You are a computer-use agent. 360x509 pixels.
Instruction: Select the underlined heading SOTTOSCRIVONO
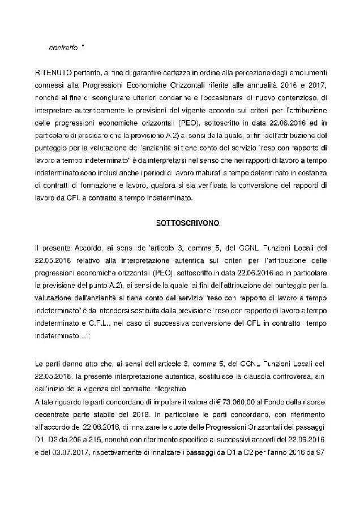(x=179, y=222)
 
